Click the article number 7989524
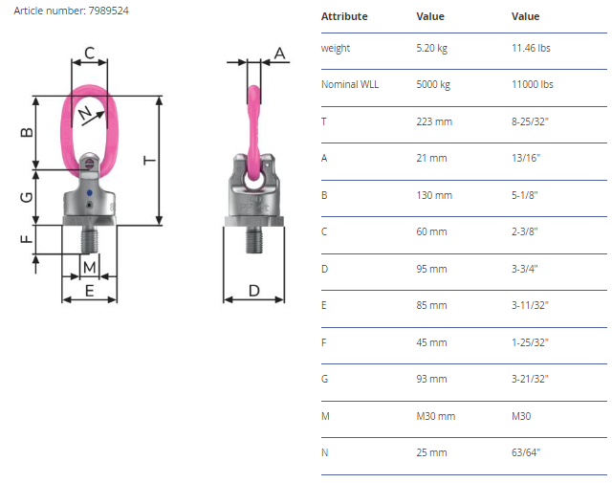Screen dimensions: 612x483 [x=108, y=11]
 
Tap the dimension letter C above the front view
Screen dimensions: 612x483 [x=89, y=53]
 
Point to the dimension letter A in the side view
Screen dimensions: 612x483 [x=279, y=54]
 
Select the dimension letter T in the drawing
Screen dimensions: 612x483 [x=149, y=160]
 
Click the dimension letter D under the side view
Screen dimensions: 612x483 [x=254, y=291]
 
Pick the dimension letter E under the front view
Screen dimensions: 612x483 [x=89, y=291]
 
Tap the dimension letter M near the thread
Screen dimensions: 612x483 [x=89, y=268]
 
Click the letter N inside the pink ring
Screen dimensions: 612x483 [x=85, y=113]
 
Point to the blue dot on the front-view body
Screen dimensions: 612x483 [x=89, y=193]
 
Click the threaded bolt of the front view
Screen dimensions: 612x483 [x=89, y=239]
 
